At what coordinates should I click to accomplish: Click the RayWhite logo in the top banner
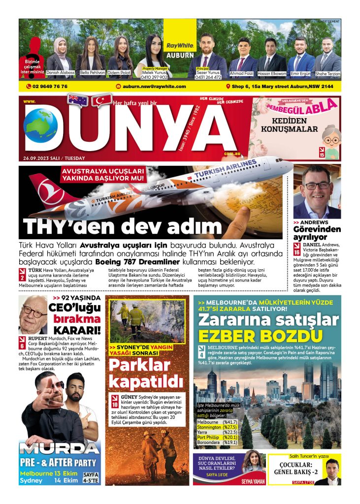180,45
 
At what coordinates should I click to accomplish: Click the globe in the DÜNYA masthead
40,126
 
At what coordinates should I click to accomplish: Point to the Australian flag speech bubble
78,100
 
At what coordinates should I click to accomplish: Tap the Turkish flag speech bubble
102,100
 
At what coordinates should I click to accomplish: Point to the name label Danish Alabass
60,72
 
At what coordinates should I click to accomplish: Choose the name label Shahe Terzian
327,73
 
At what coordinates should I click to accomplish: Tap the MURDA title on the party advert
60,449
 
